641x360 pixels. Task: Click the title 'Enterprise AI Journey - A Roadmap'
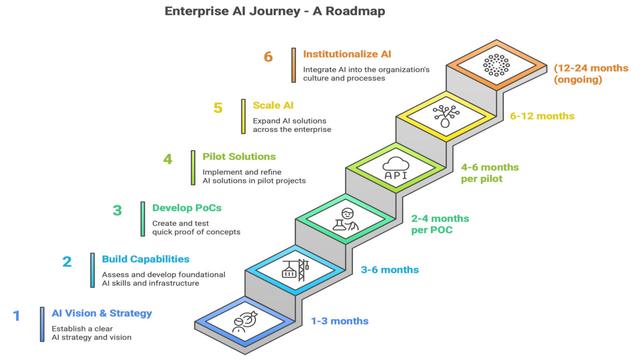274,12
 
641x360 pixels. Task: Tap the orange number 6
268,57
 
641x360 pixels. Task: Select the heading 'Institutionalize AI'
347,54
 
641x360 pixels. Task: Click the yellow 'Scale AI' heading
273,106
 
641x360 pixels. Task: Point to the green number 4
168,160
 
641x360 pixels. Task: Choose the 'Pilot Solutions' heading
239,157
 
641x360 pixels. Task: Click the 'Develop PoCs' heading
187,208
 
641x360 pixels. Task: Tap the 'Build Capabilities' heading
145,259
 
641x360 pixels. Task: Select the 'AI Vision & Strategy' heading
102,313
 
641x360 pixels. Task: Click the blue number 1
17,316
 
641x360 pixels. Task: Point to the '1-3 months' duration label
340,321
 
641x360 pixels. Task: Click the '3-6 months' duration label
390,270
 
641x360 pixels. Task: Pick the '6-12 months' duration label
542,116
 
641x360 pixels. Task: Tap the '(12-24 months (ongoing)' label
591,74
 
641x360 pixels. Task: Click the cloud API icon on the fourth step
395,169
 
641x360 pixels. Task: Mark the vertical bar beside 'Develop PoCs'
143,218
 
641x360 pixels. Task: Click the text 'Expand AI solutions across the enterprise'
291,125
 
